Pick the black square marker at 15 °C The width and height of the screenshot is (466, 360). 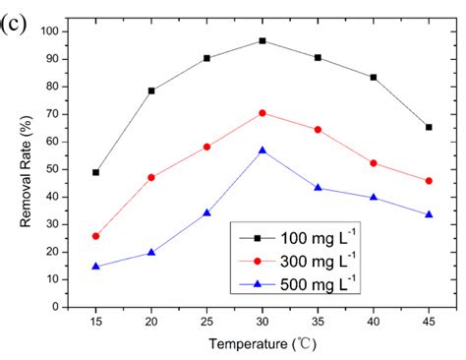click(x=96, y=172)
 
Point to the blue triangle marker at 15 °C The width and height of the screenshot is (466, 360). click(x=96, y=266)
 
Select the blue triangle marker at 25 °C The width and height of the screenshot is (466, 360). click(x=206, y=212)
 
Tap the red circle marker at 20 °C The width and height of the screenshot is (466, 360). click(x=151, y=177)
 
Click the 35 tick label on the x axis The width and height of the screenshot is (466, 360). click(x=318, y=322)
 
